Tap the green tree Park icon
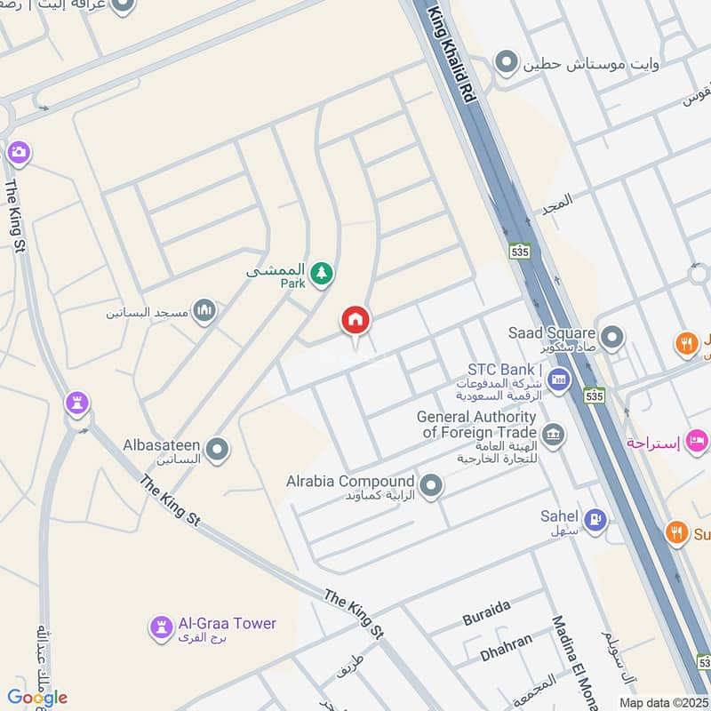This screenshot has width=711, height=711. (322, 276)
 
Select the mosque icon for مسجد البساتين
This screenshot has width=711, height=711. (204, 311)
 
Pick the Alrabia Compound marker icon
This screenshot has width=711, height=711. (431, 486)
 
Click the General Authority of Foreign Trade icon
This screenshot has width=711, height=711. (553, 436)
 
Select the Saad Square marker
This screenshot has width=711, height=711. (611, 338)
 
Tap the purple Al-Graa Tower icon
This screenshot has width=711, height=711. (160, 629)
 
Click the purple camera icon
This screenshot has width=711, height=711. (19, 154)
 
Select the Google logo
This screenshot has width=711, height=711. (36, 698)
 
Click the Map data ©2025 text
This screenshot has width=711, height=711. (664, 702)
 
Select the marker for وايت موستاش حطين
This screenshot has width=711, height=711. (507, 62)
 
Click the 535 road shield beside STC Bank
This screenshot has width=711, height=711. (590, 396)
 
